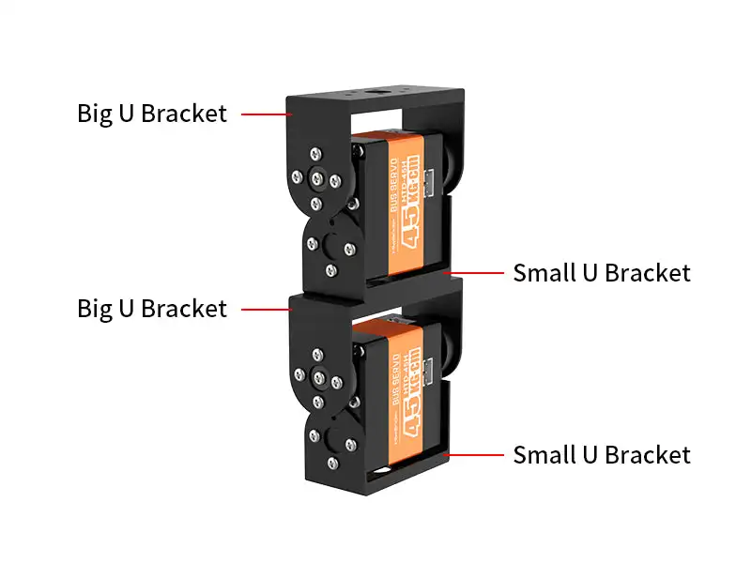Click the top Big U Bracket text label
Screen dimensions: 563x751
click(x=151, y=114)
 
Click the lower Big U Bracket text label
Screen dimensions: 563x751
click(x=151, y=308)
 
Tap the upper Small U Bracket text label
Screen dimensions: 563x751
click(x=601, y=273)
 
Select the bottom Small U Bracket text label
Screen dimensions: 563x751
click(x=601, y=455)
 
